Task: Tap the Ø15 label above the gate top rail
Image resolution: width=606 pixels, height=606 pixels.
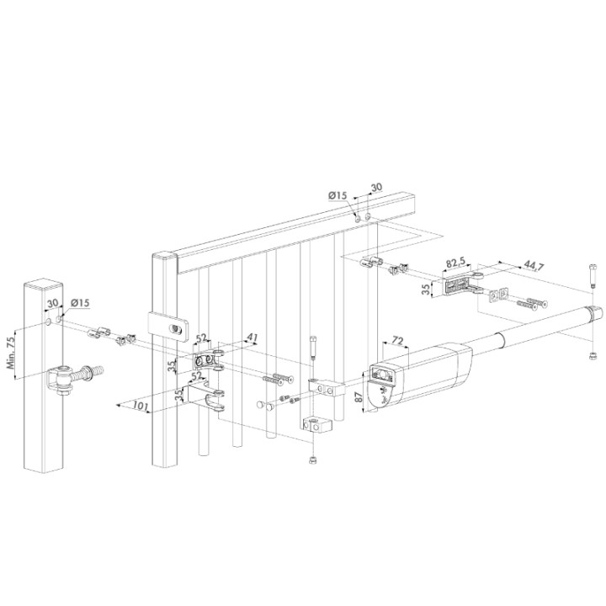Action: click(338, 195)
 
